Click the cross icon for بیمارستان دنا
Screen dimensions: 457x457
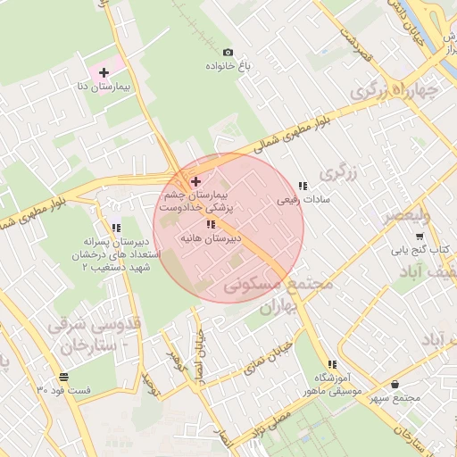tap(104, 72)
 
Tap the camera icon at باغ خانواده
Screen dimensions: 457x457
tap(228, 53)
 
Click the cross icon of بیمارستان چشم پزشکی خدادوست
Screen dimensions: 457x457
tap(196, 181)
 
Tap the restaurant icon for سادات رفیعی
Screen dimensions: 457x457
tap(303, 186)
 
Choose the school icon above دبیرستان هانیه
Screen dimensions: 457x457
tap(211, 225)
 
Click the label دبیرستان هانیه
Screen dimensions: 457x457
tap(211, 239)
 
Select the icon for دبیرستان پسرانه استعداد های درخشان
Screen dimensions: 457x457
tap(116, 228)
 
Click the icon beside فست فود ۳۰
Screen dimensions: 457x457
tap(62, 377)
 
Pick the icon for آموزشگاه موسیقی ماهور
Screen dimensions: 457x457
tap(332, 364)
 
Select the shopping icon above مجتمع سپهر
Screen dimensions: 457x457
tap(395, 384)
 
